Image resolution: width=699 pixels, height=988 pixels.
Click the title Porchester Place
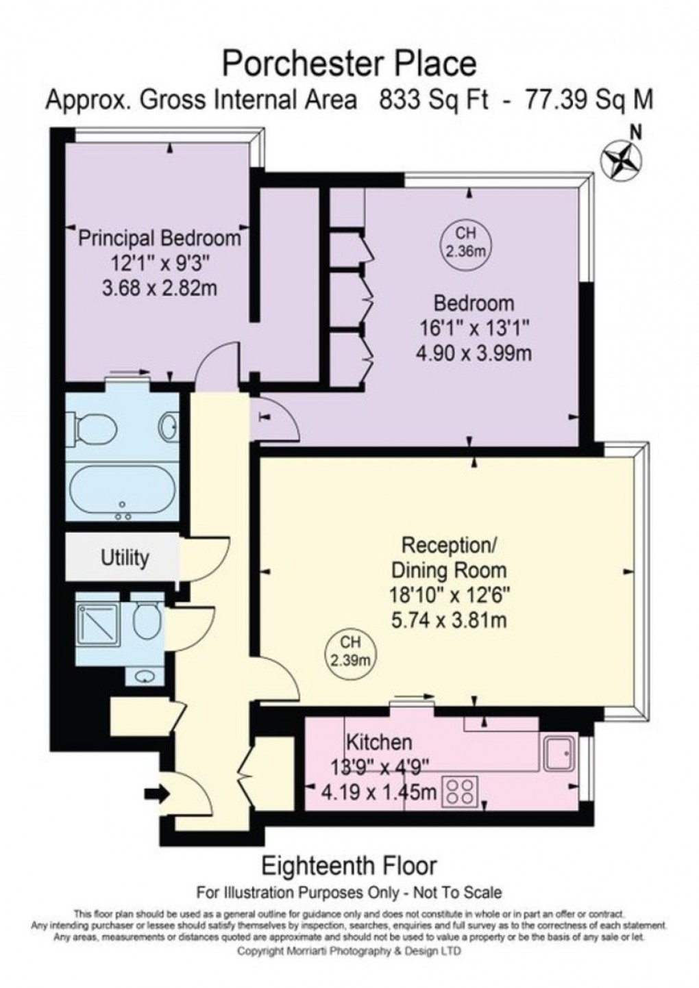click(x=349, y=64)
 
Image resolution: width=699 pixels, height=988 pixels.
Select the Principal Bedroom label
click(x=160, y=238)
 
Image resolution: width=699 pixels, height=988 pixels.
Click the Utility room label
click(x=125, y=558)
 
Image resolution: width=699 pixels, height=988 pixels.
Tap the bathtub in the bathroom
click(x=122, y=492)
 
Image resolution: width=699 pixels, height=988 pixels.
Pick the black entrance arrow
click(x=156, y=794)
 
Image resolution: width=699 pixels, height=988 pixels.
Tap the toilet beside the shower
click(x=147, y=619)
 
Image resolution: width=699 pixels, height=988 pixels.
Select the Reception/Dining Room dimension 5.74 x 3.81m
click(x=448, y=620)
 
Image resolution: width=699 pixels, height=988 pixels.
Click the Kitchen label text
click(x=378, y=742)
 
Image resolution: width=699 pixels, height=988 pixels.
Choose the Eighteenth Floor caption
click(x=349, y=865)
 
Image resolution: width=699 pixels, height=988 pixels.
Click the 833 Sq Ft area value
click(x=434, y=101)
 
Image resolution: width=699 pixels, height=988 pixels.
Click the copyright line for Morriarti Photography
click(x=349, y=951)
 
